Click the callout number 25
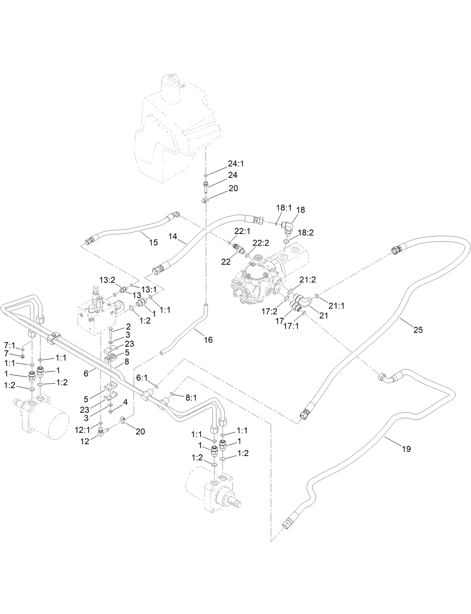tap(418, 329)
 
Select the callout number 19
tap(406, 448)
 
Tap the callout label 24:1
tap(235, 164)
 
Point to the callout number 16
tap(208, 340)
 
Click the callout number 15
tap(154, 242)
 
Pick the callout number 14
tap(173, 236)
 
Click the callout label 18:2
tap(306, 232)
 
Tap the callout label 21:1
tap(337, 306)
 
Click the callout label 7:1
tap(10, 344)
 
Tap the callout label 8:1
tap(191, 398)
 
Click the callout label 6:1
tap(142, 378)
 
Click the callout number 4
tap(126, 402)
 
